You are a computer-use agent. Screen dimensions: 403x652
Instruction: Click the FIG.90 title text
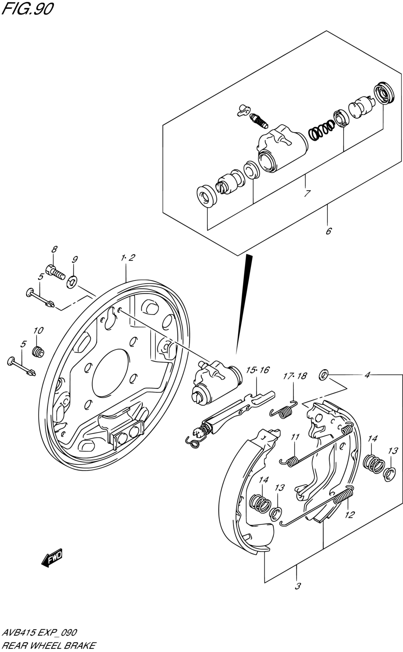(27, 9)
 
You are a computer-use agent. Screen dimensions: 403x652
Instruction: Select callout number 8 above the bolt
(54, 250)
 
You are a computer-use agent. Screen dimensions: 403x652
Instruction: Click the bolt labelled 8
(55, 271)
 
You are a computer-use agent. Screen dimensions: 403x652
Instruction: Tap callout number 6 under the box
(329, 231)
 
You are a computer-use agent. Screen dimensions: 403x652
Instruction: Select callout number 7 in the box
(307, 193)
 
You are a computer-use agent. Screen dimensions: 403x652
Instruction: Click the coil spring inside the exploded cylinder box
(322, 130)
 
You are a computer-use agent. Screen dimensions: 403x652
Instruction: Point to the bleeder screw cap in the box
(243, 110)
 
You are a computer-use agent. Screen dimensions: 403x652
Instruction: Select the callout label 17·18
(295, 376)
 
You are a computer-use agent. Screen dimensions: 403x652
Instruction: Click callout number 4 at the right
(368, 375)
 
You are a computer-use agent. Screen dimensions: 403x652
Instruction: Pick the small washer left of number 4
(324, 374)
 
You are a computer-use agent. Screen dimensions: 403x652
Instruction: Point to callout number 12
(349, 515)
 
